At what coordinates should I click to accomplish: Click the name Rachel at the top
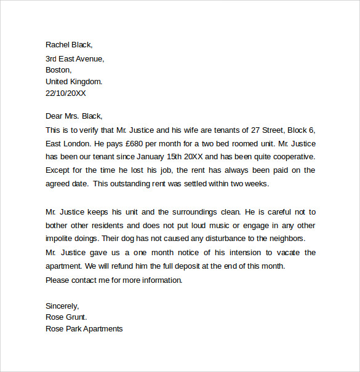pyautogui.click(x=58, y=44)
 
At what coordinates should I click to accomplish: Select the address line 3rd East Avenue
pyautogui.click(x=75, y=59)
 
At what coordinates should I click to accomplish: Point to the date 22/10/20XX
pyautogui.click(x=66, y=93)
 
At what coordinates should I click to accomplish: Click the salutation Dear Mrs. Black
pyautogui.click(x=74, y=116)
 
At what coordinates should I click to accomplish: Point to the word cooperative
pyautogui.click(x=292, y=157)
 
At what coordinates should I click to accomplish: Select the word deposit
pyautogui.click(x=199, y=266)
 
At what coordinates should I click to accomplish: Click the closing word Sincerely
pyautogui.click(x=62, y=306)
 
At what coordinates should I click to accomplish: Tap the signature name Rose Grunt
pyautogui.click(x=66, y=317)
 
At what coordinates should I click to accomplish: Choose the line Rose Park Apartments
pyautogui.click(x=84, y=329)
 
